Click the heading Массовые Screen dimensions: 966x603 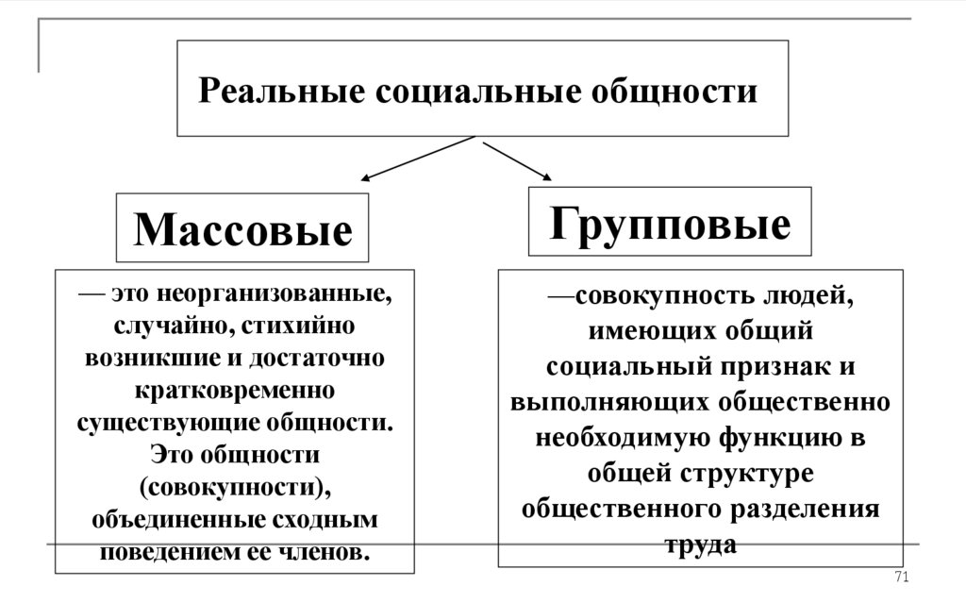click(x=242, y=229)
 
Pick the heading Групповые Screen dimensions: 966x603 click(x=670, y=224)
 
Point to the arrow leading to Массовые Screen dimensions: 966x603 click(x=415, y=158)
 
